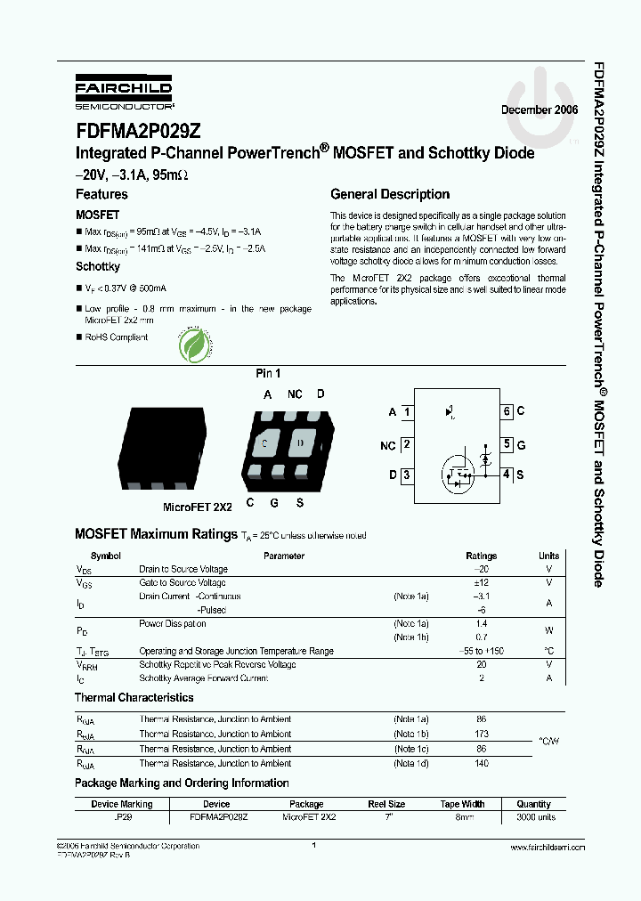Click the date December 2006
[540, 110]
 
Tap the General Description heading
[390, 194]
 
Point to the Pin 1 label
[268, 374]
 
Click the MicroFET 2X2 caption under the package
[197, 507]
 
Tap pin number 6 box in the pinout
[506, 411]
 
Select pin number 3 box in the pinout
[407, 475]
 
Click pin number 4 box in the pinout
[506, 475]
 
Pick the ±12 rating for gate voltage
[482, 582]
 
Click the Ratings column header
[482, 556]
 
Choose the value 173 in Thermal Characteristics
[482, 734]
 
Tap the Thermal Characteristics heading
[134, 698]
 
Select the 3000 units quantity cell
[535, 816]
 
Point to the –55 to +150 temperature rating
[482, 651]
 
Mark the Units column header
[549, 556]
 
